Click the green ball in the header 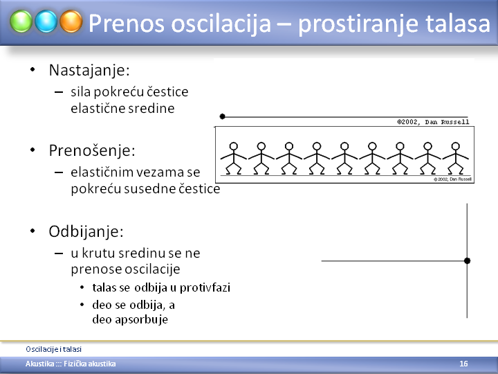click(x=21, y=21)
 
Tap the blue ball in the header click(x=46, y=21)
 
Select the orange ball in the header click(x=71, y=21)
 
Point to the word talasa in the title click(x=457, y=24)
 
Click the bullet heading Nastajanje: click(x=89, y=70)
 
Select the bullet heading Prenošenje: click(x=92, y=150)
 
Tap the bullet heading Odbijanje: click(x=86, y=231)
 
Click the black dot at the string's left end click(x=222, y=116)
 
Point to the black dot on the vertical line click(x=467, y=261)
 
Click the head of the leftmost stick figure click(x=234, y=146)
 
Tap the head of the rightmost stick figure click(x=455, y=146)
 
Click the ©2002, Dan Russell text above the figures click(x=433, y=122)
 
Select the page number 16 click(x=463, y=364)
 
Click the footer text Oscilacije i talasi click(x=54, y=349)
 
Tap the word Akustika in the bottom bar click(x=39, y=364)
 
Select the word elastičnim click(x=101, y=172)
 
